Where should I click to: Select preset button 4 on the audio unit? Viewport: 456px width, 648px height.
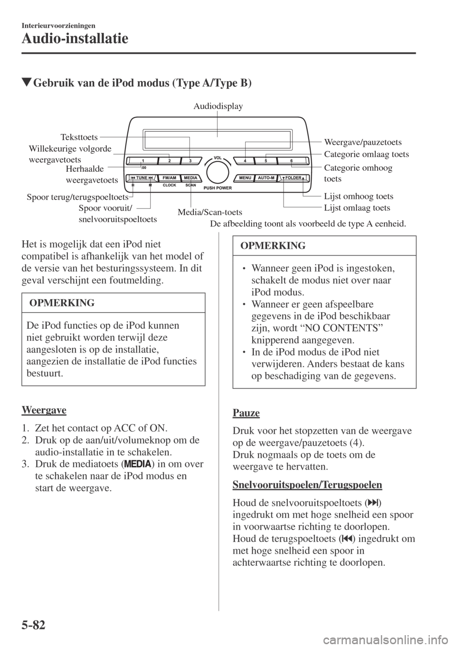[245, 161]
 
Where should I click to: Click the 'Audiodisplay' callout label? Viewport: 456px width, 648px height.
[218, 106]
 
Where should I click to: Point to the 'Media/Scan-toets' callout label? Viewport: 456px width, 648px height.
[209, 212]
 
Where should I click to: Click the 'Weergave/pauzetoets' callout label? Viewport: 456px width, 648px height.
[363, 142]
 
